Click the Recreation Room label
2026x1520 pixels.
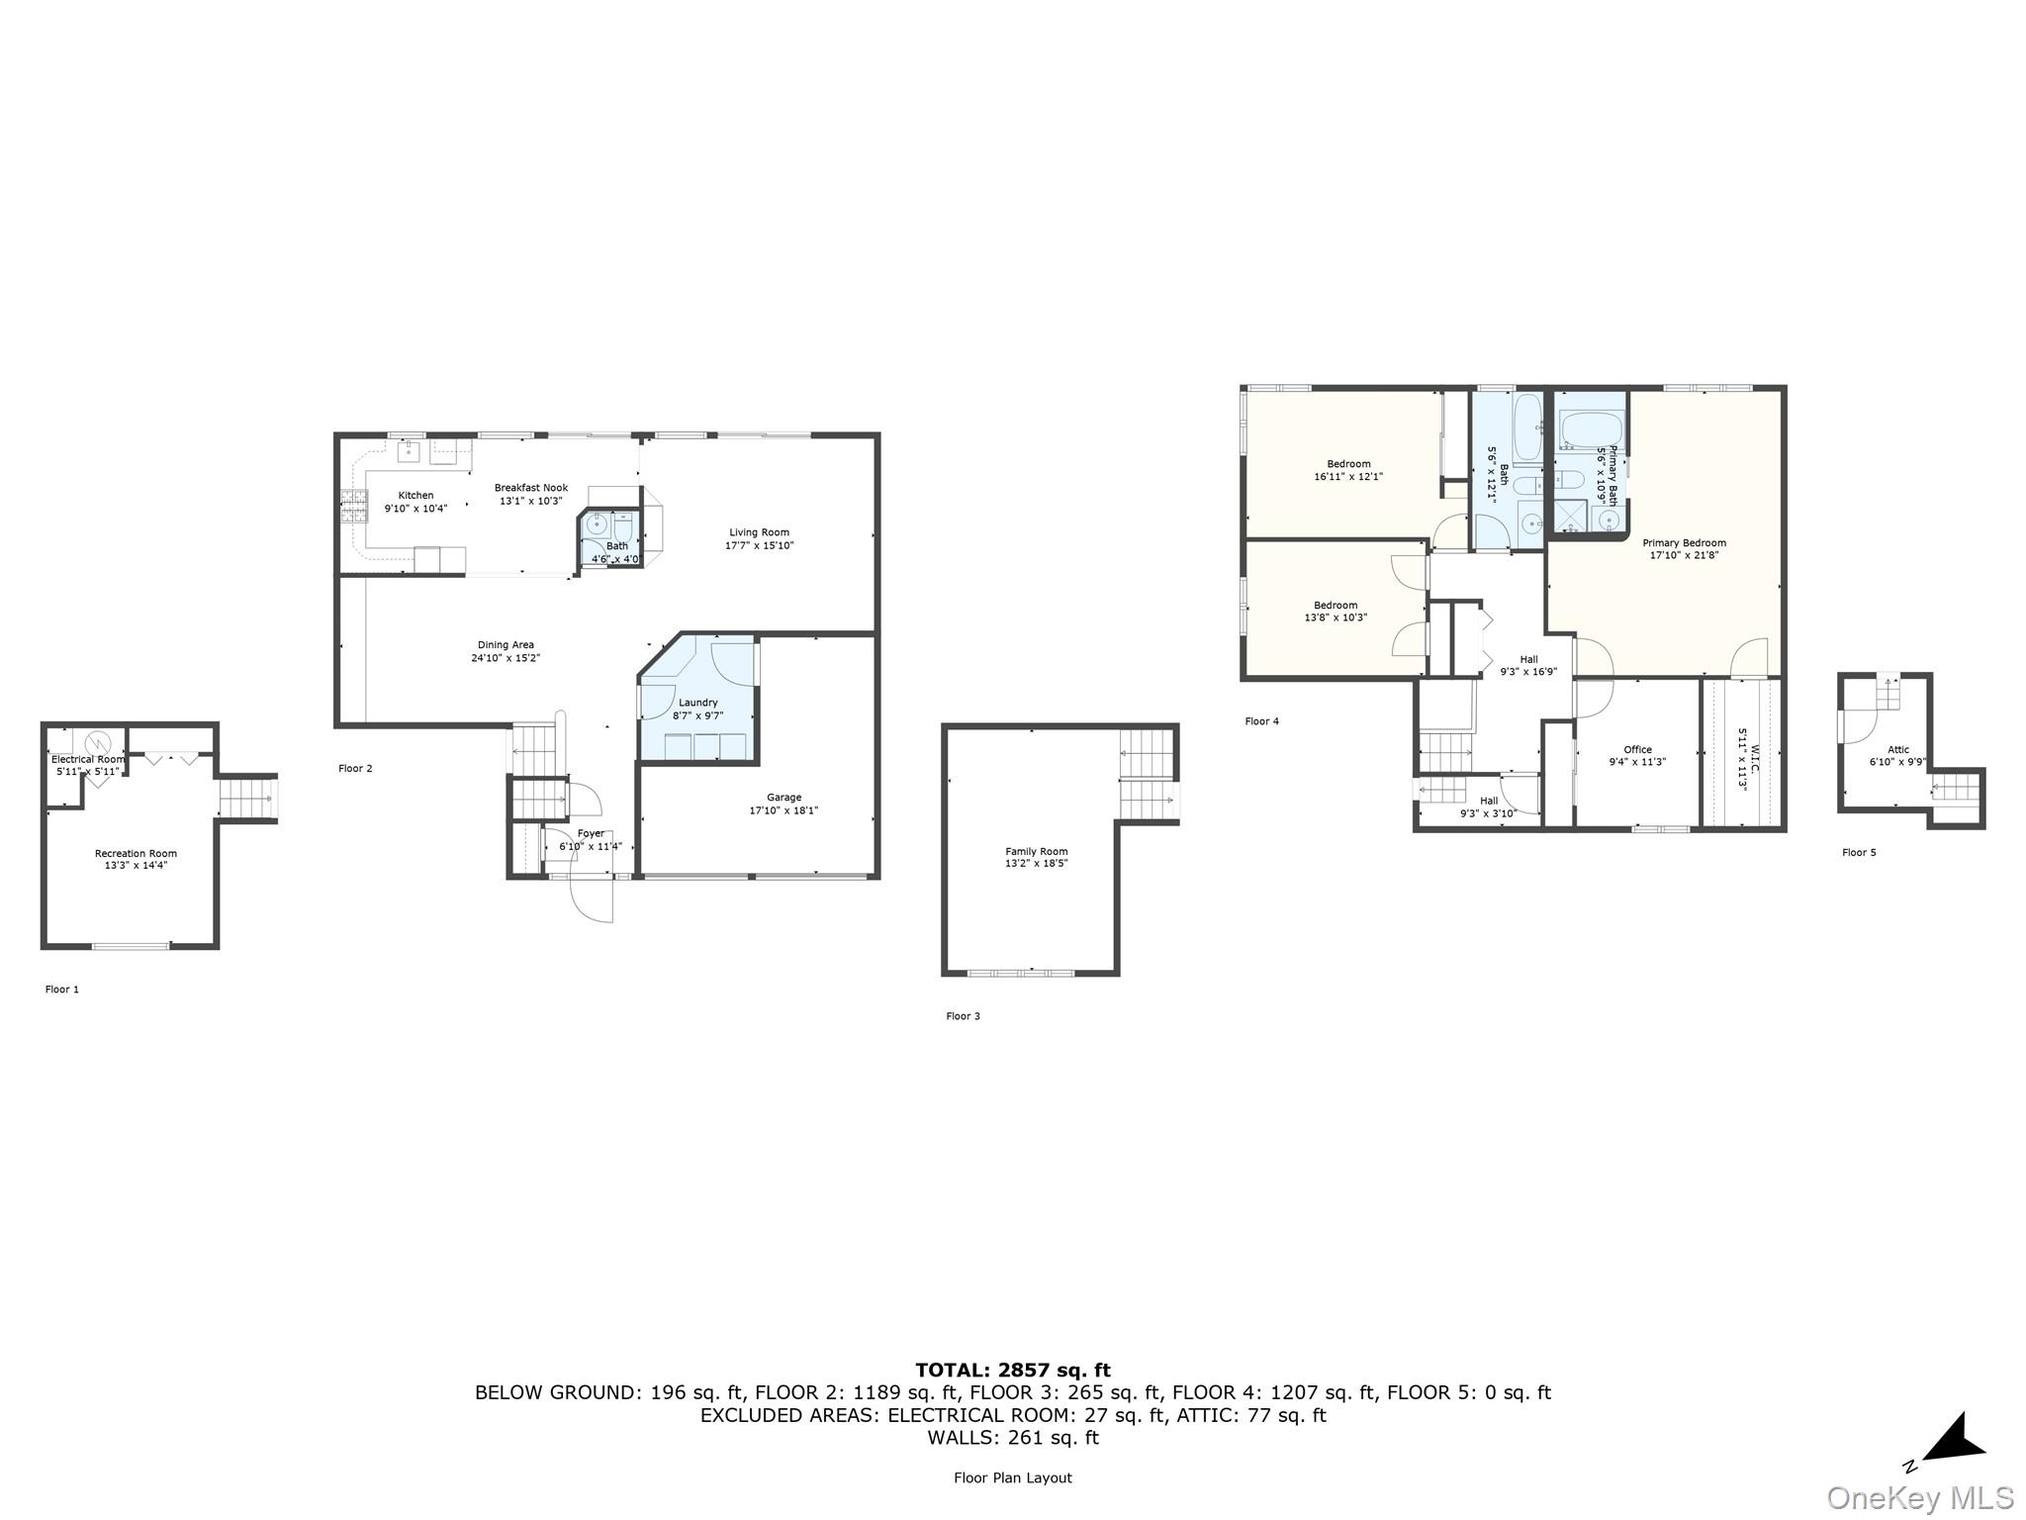tap(136, 853)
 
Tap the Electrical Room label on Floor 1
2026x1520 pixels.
tap(88, 759)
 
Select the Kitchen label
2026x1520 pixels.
tap(415, 496)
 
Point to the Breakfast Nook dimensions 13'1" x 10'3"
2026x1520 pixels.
tap(531, 501)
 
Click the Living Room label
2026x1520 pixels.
tap(759, 532)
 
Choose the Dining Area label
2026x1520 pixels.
tap(506, 645)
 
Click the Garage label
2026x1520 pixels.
tap(783, 798)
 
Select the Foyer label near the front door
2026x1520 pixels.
tap(591, 834)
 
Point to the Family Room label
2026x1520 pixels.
tap(1036, 851)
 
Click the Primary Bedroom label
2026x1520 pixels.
tap(1684, 542)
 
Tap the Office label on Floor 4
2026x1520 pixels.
tap(1637, 750)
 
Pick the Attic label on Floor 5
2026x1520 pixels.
tap(1897, 750)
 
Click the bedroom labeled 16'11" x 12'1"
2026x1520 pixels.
tap(1348, 469)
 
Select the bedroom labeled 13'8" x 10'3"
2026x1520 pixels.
tap(1335, 611)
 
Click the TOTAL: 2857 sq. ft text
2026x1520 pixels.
tap(1012, 1371)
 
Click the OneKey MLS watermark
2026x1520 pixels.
tap(1919, 1497)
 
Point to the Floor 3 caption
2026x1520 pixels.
tap(963, 1016)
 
